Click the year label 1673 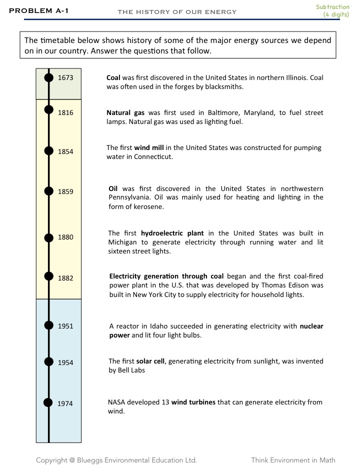click(65, 77)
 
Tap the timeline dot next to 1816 click(48, 109)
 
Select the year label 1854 click(65, 152)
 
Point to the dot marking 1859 click(48, 190)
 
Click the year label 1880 click(65, 237)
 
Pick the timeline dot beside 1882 click(48, 275)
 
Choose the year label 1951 click(65, 326)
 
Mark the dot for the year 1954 click(48, 361)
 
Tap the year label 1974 click(65, 403)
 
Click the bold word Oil click(113, 188)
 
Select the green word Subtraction click(332, 7)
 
